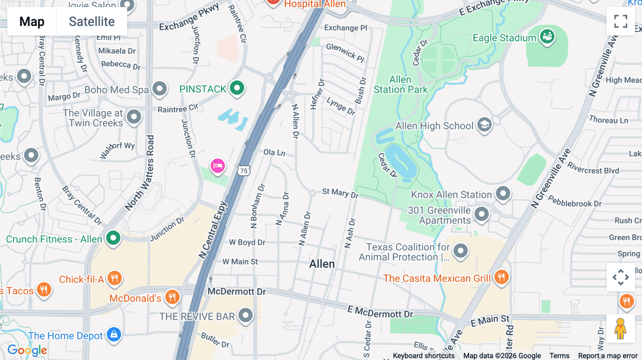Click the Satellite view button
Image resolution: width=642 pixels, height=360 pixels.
pyautogui.click(x=92, y=21)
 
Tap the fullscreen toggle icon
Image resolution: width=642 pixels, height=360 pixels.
pyautogui.click(x=621, y=21)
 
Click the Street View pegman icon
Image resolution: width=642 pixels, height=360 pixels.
pyautogui.click(x=621, y=328)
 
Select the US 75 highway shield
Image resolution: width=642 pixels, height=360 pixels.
pyautogui.click(x=244, y=171)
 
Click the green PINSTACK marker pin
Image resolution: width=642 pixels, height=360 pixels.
pyautogui.click(x=237, y=88)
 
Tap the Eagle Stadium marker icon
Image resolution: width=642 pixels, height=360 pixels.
pyautogui.click(x=547, y=36)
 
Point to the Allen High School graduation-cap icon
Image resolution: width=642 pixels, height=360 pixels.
pyautogui.click(x=484, y=125)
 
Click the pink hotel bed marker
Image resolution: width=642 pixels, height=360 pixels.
pyautogui.click(x=218, y=166)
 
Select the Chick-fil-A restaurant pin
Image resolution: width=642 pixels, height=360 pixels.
pyautogui.click(x=114, y=278)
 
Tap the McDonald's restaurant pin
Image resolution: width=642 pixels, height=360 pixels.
pyautogui.click(x=172, y=297)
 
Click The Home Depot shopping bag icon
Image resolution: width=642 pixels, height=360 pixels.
pyautogui.click(x=114, y=334)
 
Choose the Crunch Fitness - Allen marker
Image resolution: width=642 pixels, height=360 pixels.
pyautogui.click(x=113, y=238)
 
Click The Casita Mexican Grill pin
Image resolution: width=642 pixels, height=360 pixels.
pyautogui.click(x=501, y=277)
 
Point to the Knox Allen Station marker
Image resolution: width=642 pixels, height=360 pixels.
pyautogui.click(x=503, y=194)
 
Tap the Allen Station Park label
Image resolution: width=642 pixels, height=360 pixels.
pyautogui.click(x=400, y=84)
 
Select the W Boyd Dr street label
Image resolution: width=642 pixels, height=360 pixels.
pyautogui.click(x=247, y=242)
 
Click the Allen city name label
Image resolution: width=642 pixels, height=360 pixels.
pyautogui.click(x=322, y=264)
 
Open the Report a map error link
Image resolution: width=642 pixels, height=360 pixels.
pyautogui.click(x=608, y=356)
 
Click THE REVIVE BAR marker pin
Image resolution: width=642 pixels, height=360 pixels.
pyautogui.click(x=245, y=315)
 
